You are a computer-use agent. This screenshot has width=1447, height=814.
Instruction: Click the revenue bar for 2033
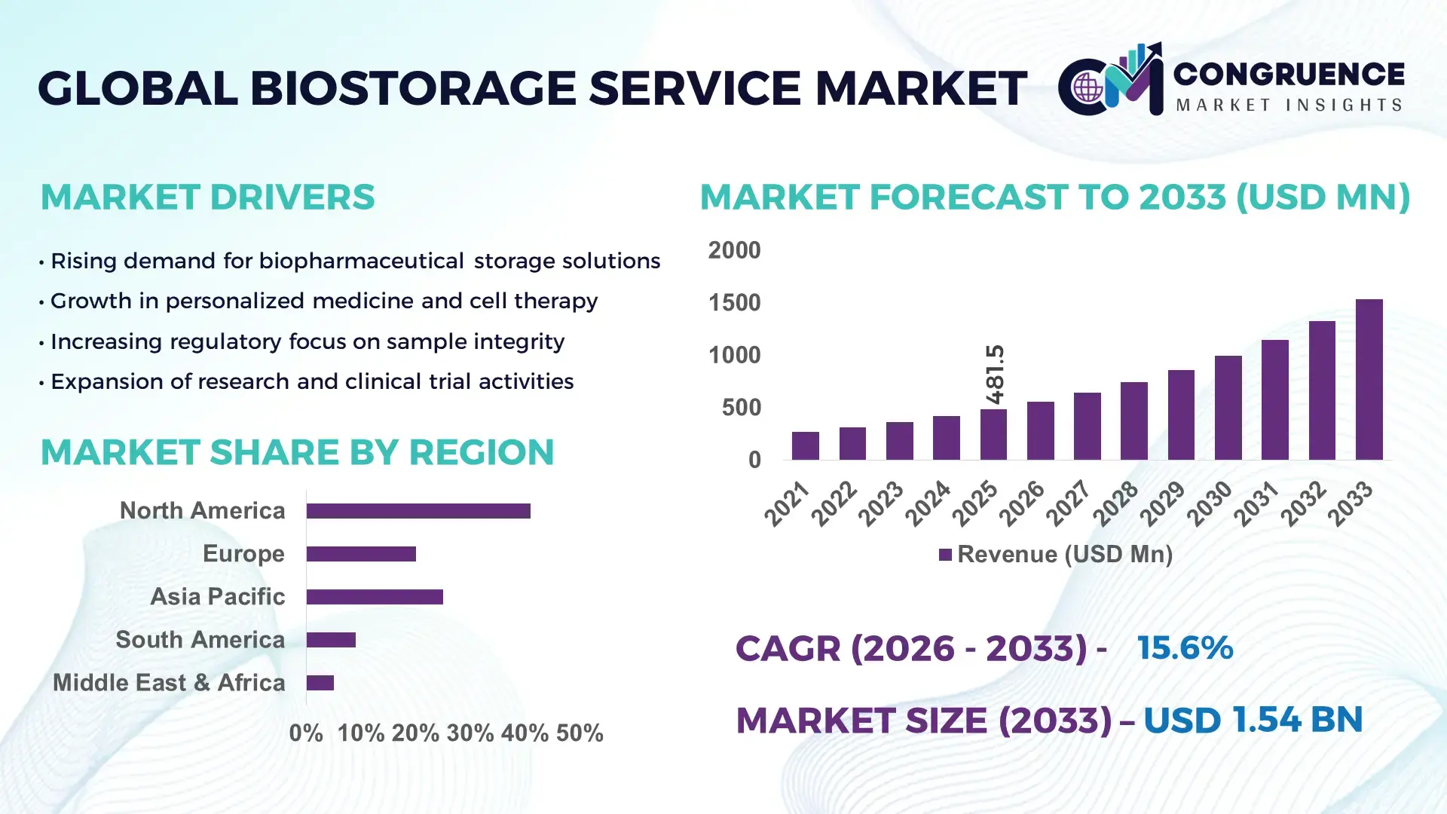pos(1369,380)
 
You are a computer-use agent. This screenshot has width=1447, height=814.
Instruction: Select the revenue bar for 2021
pos(805,446)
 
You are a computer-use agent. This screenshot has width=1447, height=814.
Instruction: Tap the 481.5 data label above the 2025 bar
pos(995,375)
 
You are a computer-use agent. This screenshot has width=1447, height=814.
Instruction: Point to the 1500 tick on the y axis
pos(734,303)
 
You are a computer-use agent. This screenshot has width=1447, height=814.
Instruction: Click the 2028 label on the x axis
pos(1116,503)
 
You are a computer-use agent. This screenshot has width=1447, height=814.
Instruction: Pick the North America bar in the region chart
pos(418,511)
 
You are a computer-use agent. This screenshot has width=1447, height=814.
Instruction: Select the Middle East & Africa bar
pos(320,683)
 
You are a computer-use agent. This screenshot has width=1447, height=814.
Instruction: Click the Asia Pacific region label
pos(217,597)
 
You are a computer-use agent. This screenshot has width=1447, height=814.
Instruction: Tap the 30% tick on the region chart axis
pos(470,733)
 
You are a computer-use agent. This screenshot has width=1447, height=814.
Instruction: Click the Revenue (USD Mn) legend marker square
pos(945,555)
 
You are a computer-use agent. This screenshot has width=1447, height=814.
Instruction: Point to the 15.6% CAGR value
pos(1185,648)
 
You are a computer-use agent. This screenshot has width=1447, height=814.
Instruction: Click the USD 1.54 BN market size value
pos(1253,720)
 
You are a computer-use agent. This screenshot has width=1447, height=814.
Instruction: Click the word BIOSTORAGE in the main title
pos(413,88)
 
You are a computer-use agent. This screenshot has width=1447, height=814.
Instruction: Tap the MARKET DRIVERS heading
pos(207,197)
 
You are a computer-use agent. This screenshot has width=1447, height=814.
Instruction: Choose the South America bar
pos(331,640)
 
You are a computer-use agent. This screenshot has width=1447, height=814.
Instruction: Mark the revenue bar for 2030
pos(1228,408)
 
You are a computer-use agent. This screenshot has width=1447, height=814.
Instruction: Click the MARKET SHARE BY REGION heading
pos(297,453)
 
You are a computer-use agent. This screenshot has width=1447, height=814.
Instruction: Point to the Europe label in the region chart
pos(243,554)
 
